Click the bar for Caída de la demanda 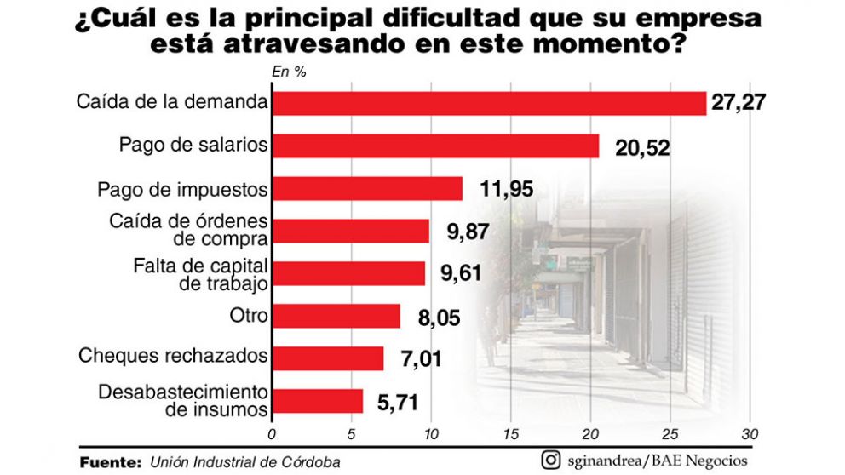pyautogui.click(x=488, y=103)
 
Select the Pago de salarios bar pyautogui.click(x=434, y=146)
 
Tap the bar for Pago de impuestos pyautogui.click(x=366, y=188)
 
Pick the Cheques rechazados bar pyautogui.click(x=327, y=358)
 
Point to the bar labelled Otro pyautogui.click(x=335, y=316)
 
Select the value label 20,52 pyautogui.click(x=642, y=148)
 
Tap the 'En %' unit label pyautogui.click(x=289, y=72)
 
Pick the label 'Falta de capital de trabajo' pyautogui.click(x=201, y=273)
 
